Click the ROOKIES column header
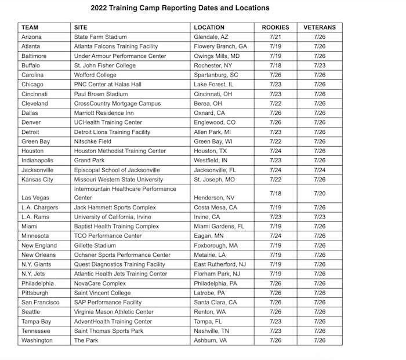(275, 27)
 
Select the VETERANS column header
(319, 27)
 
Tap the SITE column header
(81, 27)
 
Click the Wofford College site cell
(95, 75)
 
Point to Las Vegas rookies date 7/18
(275, 193)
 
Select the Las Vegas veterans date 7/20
(319, 193)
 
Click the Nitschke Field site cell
(93, 141)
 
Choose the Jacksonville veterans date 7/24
(319, 170)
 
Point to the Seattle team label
(32, 311)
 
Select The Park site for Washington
(85, 340)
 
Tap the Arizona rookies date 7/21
(275, 37)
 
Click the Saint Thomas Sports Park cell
(108, 330)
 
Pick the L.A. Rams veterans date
(319, 217)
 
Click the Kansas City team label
(37, 179)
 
